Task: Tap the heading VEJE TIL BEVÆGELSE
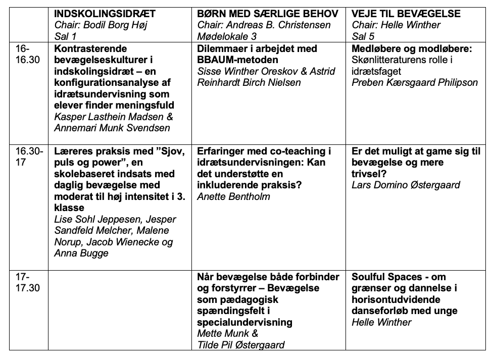[x=406, y=14]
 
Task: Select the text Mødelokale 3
[x=227, y=36]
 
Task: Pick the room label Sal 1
[x=67, y=36]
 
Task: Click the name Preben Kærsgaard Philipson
[x=415, y=83]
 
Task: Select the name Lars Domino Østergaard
[x=406, y=185]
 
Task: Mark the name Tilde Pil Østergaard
[x=241, y=345]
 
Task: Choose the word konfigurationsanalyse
[x=109, y=83]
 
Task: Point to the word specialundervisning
[x=245, y=322]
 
